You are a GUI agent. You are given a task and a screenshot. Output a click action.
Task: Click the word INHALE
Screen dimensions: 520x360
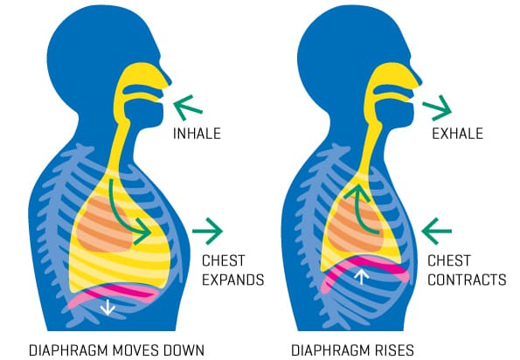tap(197, 134)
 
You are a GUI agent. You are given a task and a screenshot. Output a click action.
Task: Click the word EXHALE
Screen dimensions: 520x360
tap(457, 134)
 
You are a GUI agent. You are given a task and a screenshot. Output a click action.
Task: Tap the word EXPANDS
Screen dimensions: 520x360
tap(232, 280)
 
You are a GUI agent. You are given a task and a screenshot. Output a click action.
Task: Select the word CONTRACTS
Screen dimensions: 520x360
tap(467, 280)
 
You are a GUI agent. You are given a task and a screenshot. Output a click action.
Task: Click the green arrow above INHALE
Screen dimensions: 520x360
tap(188, 107)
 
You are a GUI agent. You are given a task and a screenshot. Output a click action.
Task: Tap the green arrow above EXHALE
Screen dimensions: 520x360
tap(438, 108)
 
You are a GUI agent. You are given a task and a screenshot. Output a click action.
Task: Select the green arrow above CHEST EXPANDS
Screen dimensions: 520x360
tap(208, 231)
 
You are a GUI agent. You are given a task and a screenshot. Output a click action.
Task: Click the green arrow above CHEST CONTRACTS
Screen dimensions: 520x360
tap(436, 231)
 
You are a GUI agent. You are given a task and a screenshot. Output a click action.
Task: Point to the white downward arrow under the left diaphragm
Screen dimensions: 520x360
tap(107, 308)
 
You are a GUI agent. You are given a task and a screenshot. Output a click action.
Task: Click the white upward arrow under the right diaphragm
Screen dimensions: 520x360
tap(362, 277)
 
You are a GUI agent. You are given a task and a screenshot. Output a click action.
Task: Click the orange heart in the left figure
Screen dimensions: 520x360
tap(104, 224)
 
